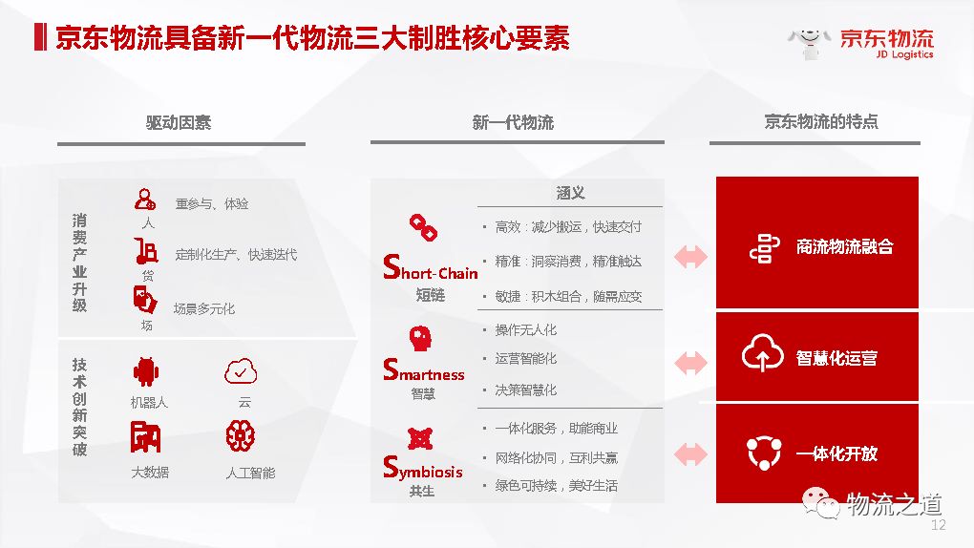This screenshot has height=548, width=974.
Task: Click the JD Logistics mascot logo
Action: [x=809, y=43]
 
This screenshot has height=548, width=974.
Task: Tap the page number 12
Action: [x=938, y=525]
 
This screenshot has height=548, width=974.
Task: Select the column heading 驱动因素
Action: [x=179, y=122]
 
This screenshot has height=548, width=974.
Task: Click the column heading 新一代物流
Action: [x=513, y=122]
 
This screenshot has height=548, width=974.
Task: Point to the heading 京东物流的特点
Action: [x=821, y=121]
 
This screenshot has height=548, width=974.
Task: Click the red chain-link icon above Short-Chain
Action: [x=423, y=227]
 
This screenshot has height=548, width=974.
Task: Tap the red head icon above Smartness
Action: [x=420, y=339]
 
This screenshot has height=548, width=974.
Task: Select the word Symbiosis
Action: [x=423, y=469]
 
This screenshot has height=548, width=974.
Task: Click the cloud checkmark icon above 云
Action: [x=241, y=371]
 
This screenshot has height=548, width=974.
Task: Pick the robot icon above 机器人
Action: [x=146, y=371]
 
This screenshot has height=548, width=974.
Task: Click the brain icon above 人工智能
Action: [x=241, y=435]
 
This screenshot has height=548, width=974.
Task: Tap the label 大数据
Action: [x=150, y=473]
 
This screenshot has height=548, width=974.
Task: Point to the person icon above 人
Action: [x=145, y=199]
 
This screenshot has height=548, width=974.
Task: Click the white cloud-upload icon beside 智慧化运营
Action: [x=762, y=352]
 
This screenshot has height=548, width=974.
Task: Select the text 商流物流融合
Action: [x=845, y=246]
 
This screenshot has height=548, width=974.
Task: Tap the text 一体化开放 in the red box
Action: [x=836, y=453]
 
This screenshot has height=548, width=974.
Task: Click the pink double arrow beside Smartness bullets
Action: [x=690, y=363]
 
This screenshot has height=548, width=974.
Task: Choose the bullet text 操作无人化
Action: [x=525, y=330]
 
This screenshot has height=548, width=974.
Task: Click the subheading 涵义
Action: [x=570, y=193]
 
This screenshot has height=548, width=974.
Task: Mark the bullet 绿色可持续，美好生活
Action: [x=556, y=485]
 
